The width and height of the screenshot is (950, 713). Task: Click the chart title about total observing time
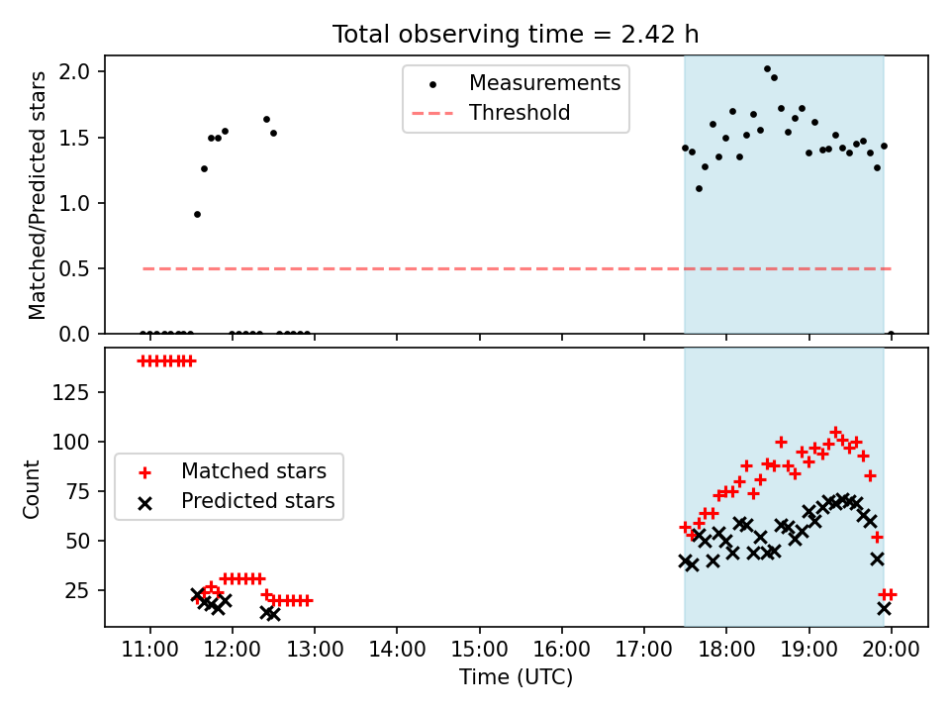tap(516, 34)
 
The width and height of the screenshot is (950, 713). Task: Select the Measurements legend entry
tap(544, 83)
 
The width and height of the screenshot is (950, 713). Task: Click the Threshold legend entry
tap(520, 113)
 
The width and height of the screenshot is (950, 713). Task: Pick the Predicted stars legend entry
tap(257, 501)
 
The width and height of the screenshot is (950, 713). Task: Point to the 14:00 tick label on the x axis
tap(397, 652)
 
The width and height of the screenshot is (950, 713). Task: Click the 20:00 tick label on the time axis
tap(891, 652)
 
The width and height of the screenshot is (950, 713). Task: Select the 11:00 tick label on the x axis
tap(149, 652)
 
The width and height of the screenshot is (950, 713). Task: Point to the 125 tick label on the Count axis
tap(74, 392)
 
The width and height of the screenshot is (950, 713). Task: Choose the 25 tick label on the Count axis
tap(79, 590)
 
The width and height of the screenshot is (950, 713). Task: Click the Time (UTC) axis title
tap(516, 678)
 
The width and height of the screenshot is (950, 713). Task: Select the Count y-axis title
tap(33, 488)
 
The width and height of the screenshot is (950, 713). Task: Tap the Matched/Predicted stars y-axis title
tap(38, 195)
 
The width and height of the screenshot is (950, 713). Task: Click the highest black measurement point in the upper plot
tap(767, 69)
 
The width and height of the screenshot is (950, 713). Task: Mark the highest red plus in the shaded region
tap(835, 433)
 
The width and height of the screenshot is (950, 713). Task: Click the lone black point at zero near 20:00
tap(891, 334)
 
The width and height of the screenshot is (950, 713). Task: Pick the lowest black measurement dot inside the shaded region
tap(699, 188)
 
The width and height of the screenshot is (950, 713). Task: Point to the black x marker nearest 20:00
tap(884, 608)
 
